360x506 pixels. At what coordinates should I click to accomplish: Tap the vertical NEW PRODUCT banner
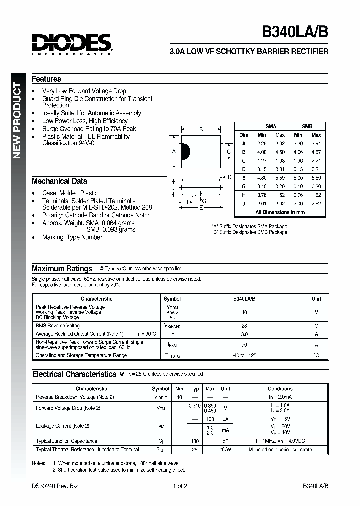pyautogui.click(x=17, y=120)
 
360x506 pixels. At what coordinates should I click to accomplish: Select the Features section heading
pyautogui.click(x=46, y=79)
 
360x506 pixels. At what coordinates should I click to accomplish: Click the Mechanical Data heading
pyautogui.click(x=59, y=181)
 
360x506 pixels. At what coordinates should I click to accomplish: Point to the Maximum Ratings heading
pyautogui.click(x=62, y=268)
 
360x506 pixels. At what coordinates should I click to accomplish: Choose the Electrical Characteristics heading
pyautogui.click(x=74, y=374)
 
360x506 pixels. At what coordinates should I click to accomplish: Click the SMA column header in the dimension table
pyautogui.click(x=271, y=126)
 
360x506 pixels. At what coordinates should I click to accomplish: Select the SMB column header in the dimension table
pyautogui.click(x=307, y=126)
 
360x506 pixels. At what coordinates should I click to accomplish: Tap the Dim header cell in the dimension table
pyautogui.click(x=244, y=135)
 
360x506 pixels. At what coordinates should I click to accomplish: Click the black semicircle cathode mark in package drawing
pyautogui.click(x=183, y=152)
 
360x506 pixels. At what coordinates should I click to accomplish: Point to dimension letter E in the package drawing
pyautogui.click(x=201, y=207)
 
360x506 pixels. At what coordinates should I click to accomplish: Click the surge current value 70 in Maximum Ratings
pyautogui.click(x=244, y=344)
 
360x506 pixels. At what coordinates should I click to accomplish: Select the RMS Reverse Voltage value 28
pyautogui.click(x=244, y=325)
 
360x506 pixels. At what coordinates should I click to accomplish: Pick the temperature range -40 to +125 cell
pyautogui.click(x=244, y=355)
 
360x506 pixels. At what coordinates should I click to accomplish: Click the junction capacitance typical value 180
pyautogui.click(x=195, y=441)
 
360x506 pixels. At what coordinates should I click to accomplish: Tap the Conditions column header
pyautogui.click(x=280, y=388)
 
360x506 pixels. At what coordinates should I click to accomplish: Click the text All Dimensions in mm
pyautogui.click(x=279, y=212)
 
